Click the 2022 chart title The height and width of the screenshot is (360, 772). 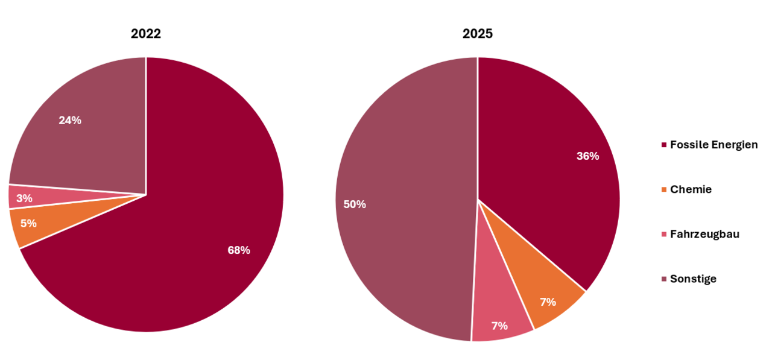point(145,34)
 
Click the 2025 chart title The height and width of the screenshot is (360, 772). point(477,34)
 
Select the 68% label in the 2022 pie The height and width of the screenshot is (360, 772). point(239,250)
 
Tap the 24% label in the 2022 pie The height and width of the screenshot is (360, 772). point(70,120)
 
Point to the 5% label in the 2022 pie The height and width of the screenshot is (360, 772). point(28,223)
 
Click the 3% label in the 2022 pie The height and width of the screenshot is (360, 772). point(25,198)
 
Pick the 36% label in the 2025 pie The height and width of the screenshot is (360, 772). point(587,156)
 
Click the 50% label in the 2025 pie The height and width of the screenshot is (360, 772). point(355,204)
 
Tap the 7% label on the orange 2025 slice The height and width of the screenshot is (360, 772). point(548,302)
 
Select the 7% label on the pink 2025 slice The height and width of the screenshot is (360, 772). point(499,326)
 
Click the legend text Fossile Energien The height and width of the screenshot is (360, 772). point(713,145)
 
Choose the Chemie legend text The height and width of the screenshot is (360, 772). point(691,189)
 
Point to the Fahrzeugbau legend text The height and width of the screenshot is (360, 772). point(704,234)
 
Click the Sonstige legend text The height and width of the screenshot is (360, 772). point(693,279)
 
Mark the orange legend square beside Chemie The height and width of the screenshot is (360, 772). point(664,190)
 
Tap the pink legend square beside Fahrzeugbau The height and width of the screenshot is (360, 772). point(664,235)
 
